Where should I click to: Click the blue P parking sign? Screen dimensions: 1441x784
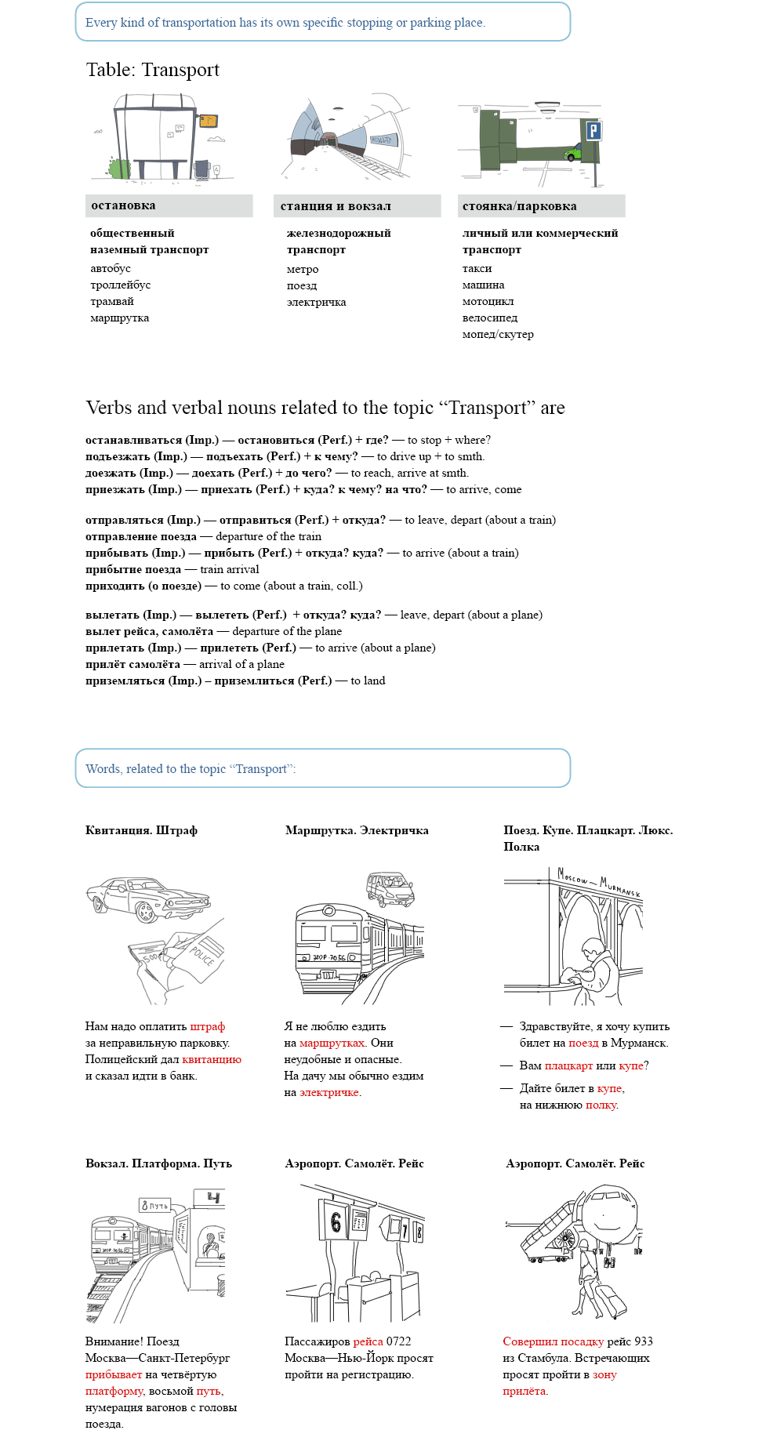pos(594,131)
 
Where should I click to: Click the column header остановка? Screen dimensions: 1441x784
pos(123,205)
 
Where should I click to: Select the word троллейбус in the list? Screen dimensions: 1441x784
pos(120,285)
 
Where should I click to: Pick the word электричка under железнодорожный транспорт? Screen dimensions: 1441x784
pos(316,302)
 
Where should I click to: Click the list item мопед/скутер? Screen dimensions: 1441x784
pos(498,334)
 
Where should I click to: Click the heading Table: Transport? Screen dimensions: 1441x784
pos(153,70)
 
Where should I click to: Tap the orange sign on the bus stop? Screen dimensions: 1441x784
pos(208,121)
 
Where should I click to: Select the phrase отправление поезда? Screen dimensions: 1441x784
pos(141,536)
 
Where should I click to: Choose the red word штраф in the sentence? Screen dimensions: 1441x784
pos(207,1026)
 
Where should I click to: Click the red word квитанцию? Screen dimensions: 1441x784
pos(212,1059)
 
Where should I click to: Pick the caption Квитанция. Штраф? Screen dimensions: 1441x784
pos(141,830)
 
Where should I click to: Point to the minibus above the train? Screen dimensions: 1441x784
pos(390,888)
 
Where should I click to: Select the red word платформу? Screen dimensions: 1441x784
pos(114,1391)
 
